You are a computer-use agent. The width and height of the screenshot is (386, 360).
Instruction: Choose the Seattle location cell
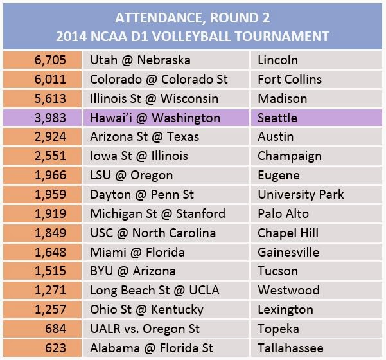pos(278,118)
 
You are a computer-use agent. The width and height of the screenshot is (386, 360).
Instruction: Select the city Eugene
pos(278,175)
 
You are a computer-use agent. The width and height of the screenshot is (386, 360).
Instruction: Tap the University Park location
pos(301,194)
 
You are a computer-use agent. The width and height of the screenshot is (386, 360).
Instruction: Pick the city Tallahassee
pos(290,348)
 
